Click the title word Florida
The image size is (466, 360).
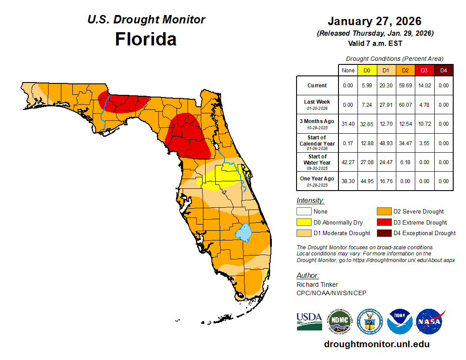(x=146, y=39)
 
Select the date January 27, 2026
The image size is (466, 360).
(x=374, y=21)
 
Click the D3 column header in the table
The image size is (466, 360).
(x=424, y=70)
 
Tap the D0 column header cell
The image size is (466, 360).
(x=367, y=70)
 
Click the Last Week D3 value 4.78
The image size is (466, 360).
(x=424, y=105)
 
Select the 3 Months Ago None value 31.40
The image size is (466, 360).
(x=348, y=124)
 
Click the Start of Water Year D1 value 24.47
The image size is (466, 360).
(x=386, y=162)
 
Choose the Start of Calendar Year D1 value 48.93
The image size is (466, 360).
(x=386, y=143)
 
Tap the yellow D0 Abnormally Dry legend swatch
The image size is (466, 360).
(x=304, y=222)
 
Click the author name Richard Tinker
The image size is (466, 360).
(x=317, y=285)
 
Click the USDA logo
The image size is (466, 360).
(x=309, y=322)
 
